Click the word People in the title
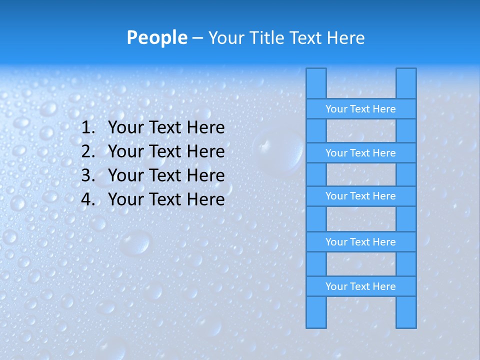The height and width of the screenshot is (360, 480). click(x=156, y=37)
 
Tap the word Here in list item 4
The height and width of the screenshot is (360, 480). click(x=205, y=199)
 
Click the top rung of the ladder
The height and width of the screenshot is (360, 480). click(x=360, y=109)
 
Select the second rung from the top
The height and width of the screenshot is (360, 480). click(x=360, y=153)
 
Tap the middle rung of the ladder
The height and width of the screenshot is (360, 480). click(x=360, y=196)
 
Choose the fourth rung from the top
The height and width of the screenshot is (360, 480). click(x=360, y=242)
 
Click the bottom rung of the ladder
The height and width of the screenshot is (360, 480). click(x=360, y=286)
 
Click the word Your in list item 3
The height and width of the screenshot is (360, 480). click(x=125, y=175)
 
